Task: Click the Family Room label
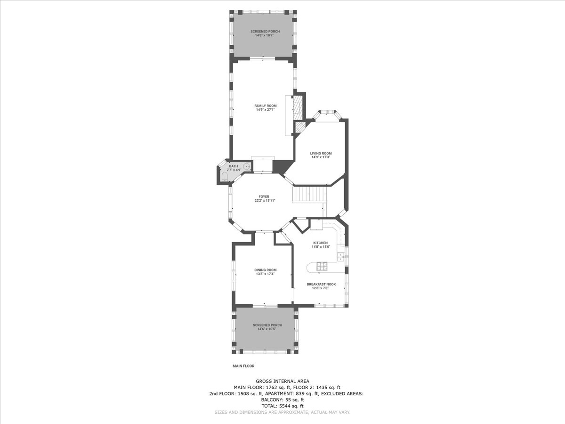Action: (266, 106)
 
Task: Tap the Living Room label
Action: (321, 154)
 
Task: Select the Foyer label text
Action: (264, 196)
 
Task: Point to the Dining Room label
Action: (266, 270)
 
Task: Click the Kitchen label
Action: (321, 243)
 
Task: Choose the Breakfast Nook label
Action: (321, 284)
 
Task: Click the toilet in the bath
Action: (225, 177)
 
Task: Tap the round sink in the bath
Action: (248, 167)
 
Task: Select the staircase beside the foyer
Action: (309, 195)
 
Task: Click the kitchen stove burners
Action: (322, 267)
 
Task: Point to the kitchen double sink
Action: (341, 257)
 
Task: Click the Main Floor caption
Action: (243, 366)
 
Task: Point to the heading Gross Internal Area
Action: (282, 381)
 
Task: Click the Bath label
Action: (234, 166)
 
